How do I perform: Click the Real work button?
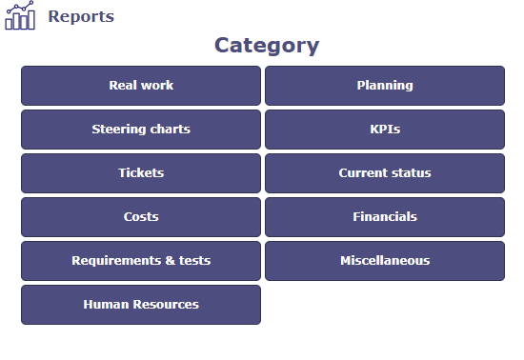(141, 86)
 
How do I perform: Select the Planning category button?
(385, 86)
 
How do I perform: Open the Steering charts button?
(141, 130)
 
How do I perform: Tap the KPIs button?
(385, 130)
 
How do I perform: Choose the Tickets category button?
(141, 173)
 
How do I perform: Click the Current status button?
(385, 173)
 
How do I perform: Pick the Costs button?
(141, 217)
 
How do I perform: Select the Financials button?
(385, 217)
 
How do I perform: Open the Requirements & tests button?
(141, 261)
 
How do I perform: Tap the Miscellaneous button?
(385, 261)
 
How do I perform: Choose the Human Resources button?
(141, 305)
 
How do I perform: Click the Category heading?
(266, 45)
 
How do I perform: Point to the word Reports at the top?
(81, 16)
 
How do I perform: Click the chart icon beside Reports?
(20, 16)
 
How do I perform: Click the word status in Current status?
(412, 173)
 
